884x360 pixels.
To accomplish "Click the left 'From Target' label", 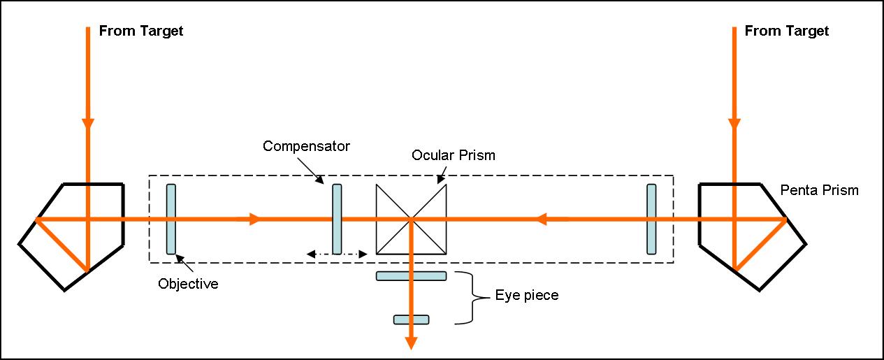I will [140, 31].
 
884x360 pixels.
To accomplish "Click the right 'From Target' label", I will [786, 31].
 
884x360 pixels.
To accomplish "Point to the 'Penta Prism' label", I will [819, 190].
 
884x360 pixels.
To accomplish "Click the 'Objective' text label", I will [188, 284].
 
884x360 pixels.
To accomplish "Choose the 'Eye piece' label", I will [527, 295].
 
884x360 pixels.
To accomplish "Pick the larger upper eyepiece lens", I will [411, 275].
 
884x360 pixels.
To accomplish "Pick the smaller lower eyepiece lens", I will [411, 319].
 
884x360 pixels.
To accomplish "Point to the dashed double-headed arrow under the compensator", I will [338, 254].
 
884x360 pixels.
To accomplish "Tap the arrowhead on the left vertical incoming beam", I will [88, 125].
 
